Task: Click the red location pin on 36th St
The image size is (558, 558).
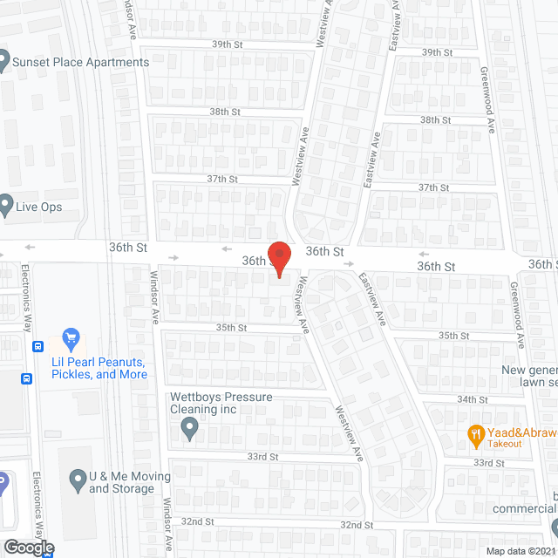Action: pyautogui.click(x=277, y=258)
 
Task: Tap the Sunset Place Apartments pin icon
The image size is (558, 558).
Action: pyautogui.click(x=4, y=62)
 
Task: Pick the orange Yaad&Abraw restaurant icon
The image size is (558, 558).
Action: pyautogui.click(x=476, y=432)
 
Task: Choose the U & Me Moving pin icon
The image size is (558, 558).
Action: pyautogui.click(x=76, y=479)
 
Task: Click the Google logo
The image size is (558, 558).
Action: pyautogui.click(x=28, y=548)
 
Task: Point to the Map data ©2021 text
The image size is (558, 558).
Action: pyautogui.click(x=521, y=551)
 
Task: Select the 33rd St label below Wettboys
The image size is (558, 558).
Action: pyautogui.click(x=262, y=457)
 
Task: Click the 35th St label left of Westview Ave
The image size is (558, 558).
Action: pyautogui.click(x=232, y=328)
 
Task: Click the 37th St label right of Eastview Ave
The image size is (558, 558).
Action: pyautogui.click(x=433, y=187)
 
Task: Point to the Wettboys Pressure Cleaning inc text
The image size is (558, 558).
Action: pyautogui.click(x=221, y=403)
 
